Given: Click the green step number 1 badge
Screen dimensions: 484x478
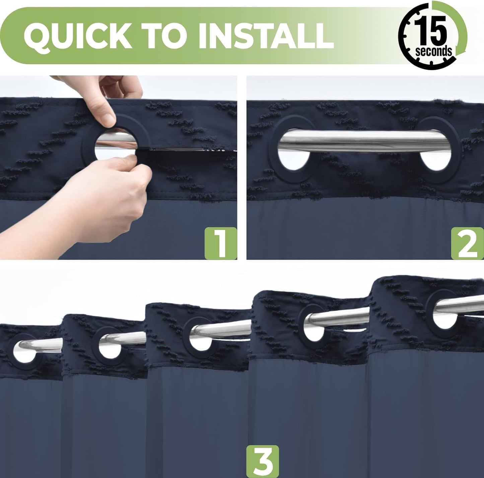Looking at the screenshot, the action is (x=221, y=243).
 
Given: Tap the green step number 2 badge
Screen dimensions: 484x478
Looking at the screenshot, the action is (x=468, y=243).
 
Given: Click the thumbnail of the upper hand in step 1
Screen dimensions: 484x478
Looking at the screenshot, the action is (x=108, y=119).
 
